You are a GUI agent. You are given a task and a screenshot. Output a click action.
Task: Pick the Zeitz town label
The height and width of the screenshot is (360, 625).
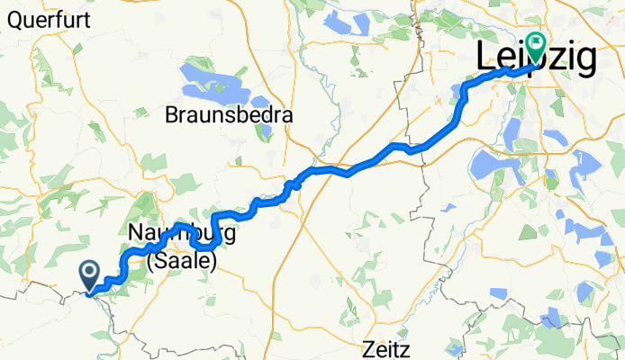pos(387,348)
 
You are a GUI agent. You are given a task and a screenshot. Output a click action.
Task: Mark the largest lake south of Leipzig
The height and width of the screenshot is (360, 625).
pos(491,167)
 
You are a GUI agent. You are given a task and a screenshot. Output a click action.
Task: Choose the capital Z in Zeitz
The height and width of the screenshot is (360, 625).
pos(368,348)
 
